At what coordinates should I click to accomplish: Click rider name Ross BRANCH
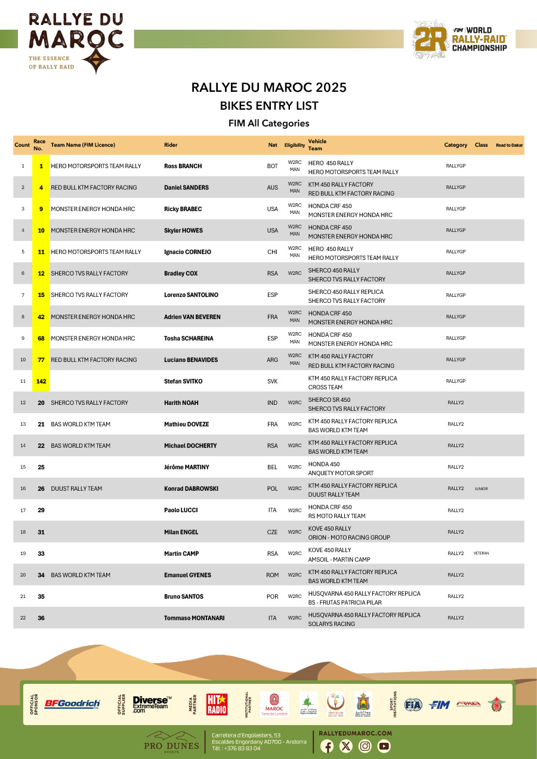183,166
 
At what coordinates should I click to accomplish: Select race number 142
41,381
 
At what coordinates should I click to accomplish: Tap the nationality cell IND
272,403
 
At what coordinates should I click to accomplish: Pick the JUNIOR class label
481,489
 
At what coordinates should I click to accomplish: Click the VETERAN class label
481,553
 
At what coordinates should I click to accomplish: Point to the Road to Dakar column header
509,145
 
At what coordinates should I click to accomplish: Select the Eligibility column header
295,145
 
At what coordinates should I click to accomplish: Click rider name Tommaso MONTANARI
194,618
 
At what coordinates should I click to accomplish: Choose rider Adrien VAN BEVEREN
192,317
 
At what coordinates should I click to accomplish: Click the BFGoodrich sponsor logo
72,704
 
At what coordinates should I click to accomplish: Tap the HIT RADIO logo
217,704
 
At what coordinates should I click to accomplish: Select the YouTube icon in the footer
384,746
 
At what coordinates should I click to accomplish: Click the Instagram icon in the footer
365,746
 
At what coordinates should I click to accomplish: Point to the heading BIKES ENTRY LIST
269,106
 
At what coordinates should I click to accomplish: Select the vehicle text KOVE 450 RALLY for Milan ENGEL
329,529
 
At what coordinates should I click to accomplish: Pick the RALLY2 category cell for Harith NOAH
455,403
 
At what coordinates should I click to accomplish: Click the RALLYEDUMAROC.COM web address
356,733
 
